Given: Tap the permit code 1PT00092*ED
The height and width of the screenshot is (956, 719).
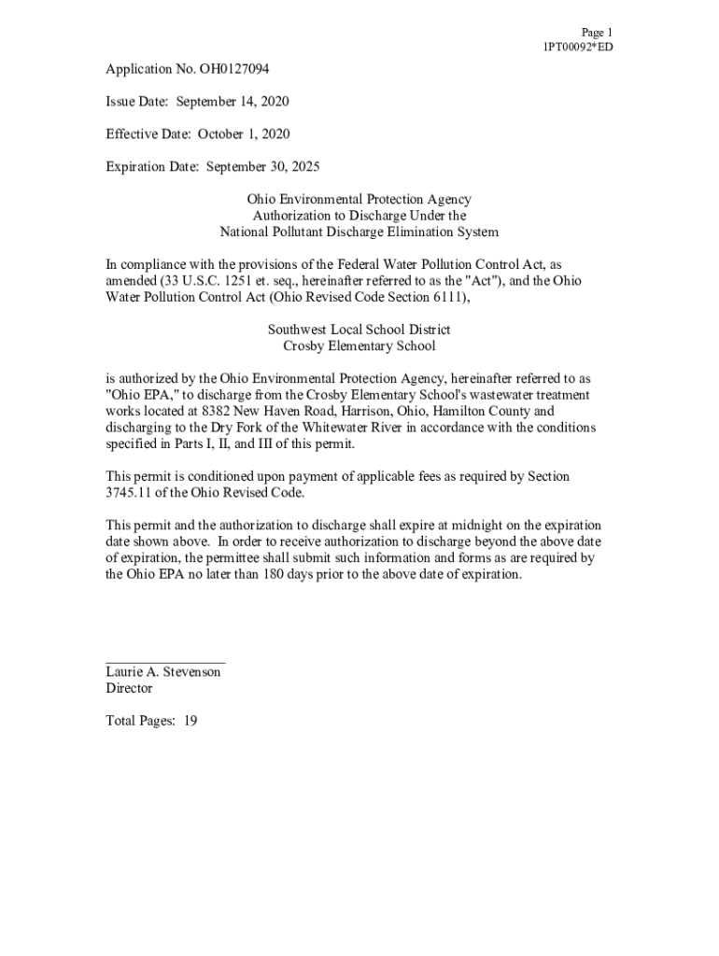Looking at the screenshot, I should (x=578, y=47).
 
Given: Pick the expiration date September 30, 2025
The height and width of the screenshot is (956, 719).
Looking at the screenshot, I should (x=262, y=167).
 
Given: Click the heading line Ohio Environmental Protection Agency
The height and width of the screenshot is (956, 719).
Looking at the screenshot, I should (x=359, y=199).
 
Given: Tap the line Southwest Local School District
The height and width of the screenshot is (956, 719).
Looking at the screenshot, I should (x=359, y=330).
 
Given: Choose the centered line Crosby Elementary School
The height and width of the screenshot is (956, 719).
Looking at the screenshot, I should (x=359, y=345).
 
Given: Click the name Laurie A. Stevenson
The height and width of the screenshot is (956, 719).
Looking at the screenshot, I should (x=163, y=672).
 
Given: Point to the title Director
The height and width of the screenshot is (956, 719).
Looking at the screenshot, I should (x=129, y=688).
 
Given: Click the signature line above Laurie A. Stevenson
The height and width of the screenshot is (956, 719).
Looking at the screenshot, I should (x=165, y=661).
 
